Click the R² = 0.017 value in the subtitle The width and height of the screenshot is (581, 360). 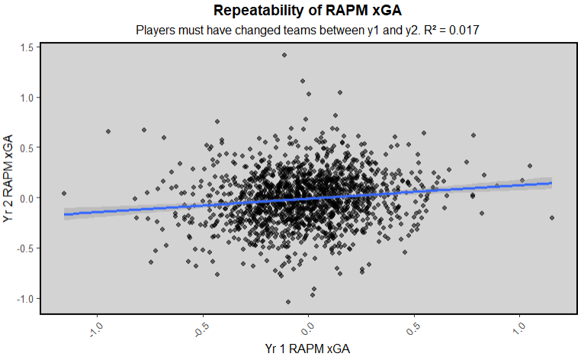456,31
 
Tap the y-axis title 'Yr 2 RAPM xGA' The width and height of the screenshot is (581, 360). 9,178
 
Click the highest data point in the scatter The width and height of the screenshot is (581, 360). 284,55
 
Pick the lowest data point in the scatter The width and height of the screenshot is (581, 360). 288,302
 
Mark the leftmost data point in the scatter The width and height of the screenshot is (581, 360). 64,194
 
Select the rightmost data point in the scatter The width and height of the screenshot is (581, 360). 552,218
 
